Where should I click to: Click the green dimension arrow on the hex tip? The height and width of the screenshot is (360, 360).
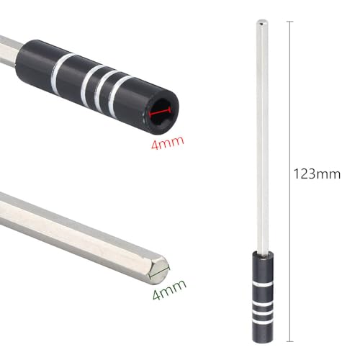(x=161, y=271)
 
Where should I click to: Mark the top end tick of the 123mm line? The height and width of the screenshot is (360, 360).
(x=291, y=22)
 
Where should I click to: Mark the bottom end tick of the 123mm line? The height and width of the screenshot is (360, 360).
(x=291, y=340)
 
